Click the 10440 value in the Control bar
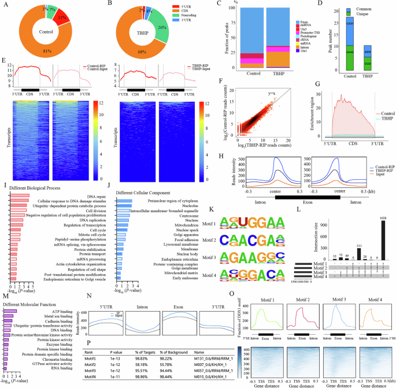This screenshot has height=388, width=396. coord(350,51)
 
